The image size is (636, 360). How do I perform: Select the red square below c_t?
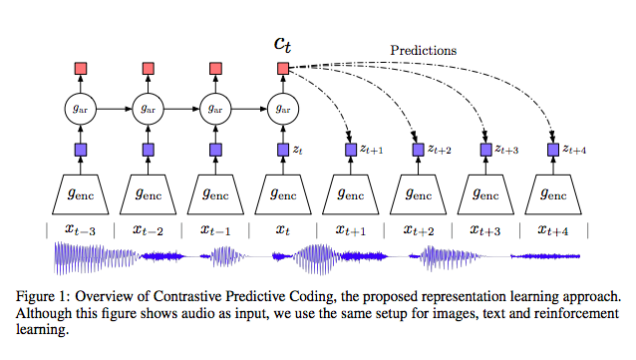(x=283, y=68)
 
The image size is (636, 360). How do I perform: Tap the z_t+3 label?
(x=507, y=150)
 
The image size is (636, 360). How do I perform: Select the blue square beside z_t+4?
(x=555, y=151)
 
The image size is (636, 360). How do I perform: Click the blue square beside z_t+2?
(x=419, y=151)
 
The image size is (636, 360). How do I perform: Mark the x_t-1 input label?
(x=215, y=230)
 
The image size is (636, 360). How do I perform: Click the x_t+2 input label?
(x=420, y=230)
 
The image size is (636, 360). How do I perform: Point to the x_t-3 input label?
(x=80, y=230)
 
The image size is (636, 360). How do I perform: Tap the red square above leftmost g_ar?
(x=80, y=68)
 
